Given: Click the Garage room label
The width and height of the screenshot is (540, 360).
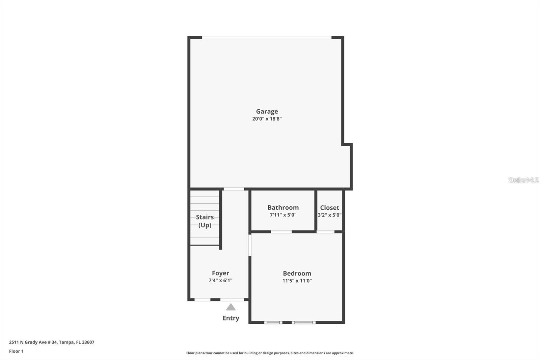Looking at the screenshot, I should point(267,111).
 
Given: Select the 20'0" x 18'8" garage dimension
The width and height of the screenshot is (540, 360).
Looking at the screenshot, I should point(267,119).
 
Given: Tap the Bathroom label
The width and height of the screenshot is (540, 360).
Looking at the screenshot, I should point(283,208).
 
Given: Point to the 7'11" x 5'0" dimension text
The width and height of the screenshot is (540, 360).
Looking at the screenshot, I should point(283,215).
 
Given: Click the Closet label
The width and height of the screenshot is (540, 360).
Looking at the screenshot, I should point(329,208).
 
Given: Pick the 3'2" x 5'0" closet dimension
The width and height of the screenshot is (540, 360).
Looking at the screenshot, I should point(329,215).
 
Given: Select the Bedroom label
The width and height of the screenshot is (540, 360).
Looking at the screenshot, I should point(297,274).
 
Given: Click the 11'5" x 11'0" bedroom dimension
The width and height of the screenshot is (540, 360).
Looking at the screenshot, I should point(297,281).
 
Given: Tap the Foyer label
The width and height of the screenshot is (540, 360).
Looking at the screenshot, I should point(220,273).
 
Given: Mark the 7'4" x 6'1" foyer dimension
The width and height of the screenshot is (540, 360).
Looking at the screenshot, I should point(220,281).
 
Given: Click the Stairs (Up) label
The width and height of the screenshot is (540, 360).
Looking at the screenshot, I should point(205,221).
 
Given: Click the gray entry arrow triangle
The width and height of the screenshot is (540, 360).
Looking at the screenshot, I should point(231,307).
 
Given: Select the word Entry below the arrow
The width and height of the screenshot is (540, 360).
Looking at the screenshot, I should point(231,318).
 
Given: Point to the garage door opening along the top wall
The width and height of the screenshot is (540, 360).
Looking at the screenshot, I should point(267,37).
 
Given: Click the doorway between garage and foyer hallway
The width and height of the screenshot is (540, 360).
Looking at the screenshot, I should point(234,189).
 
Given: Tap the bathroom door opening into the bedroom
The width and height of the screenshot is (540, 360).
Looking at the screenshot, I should point(281,232).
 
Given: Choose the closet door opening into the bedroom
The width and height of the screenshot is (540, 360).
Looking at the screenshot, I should point(326,232).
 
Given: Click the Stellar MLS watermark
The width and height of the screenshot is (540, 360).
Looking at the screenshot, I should point(523,180).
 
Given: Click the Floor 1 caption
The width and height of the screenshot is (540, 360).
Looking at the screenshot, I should point(16,351).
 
